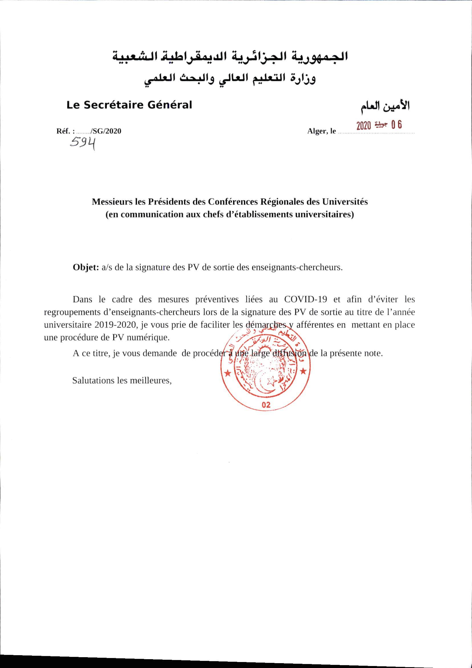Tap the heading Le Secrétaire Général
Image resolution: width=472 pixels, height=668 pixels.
pos(129,105)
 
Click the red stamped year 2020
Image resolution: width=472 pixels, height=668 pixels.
pos(364,126)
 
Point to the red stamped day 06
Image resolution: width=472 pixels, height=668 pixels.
pos(397,125)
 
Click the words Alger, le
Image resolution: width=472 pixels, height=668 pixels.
pos(321,131)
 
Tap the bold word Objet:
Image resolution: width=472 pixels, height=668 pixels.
pos(86,267)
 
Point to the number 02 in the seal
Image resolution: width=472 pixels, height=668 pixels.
pos(266,405)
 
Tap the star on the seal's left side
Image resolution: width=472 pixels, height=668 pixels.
pos(228,373)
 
